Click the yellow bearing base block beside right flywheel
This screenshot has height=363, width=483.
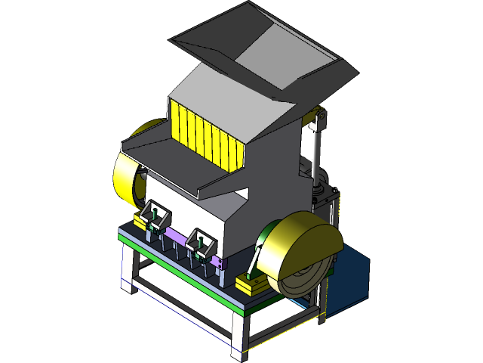[x=252, y=286]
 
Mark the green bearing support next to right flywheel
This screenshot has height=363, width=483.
[x=258, y=257]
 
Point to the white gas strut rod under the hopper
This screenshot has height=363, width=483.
[x=315, y=151]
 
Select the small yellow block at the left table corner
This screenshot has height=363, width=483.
[x=140, y=220]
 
